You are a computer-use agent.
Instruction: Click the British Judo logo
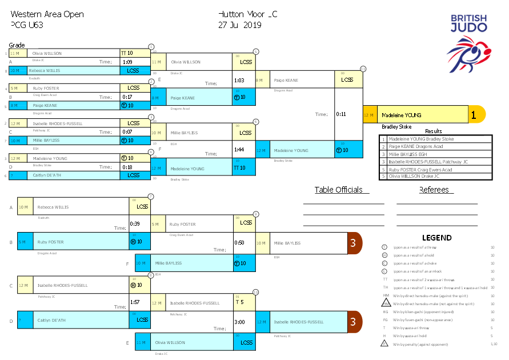[468, 43]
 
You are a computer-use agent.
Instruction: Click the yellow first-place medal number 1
[474, 115]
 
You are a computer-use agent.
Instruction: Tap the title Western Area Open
[47, 14]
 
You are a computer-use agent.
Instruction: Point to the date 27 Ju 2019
[239, 25]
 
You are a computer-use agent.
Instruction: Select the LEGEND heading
[436, 238]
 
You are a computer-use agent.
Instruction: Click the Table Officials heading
[338, 190]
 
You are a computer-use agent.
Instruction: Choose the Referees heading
[434, 190]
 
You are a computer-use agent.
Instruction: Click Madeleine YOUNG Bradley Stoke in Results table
[421, 139]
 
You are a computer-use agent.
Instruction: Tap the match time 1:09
[127, 62]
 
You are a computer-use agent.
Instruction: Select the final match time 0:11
[341, 114]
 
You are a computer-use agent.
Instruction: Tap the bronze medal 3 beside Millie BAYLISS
[354, 243]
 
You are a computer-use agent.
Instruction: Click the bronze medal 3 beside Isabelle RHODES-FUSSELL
[354, 322]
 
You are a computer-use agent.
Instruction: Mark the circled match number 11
[363, 69]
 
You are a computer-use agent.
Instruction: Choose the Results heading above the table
[433, 131]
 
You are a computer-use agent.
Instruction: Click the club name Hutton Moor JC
[248, 14]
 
